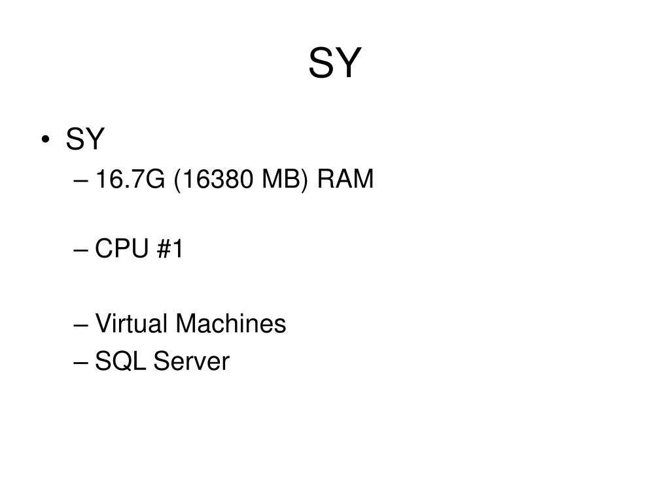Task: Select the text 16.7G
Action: pos(131,178)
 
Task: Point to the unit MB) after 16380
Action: pos(285,178)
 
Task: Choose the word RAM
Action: pos(345,178)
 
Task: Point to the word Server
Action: pos(192,361)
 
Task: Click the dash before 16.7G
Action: pos(86,180)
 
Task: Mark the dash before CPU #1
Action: pos(86,251)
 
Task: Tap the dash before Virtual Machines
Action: pos(86,326)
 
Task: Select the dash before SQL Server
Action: pos(86,363)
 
